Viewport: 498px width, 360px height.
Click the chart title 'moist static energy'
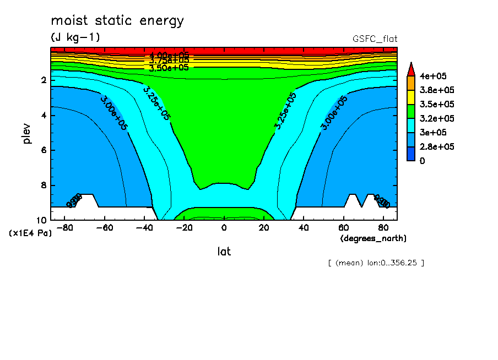[x=117, y=21]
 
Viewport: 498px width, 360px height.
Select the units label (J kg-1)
[x=75, y=37]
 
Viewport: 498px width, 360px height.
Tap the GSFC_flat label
[x=375, y=39]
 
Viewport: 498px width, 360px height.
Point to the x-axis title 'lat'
[x=224, y=252]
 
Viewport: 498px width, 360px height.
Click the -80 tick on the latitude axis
[x=66, y=228]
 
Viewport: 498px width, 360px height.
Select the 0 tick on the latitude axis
[x=224, y=228]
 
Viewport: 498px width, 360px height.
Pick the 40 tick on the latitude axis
[x=303, y=228]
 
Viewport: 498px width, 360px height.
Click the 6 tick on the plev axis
[x=44, y=150]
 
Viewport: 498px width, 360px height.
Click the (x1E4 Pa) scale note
[x=31, y=233]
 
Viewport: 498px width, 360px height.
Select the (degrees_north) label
[x=373, y=238]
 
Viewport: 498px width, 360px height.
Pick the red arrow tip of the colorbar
[x=410, y=68]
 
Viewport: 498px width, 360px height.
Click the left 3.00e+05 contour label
[x=114, y=113]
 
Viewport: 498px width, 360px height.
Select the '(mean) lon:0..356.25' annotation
[x=376, y=263]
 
